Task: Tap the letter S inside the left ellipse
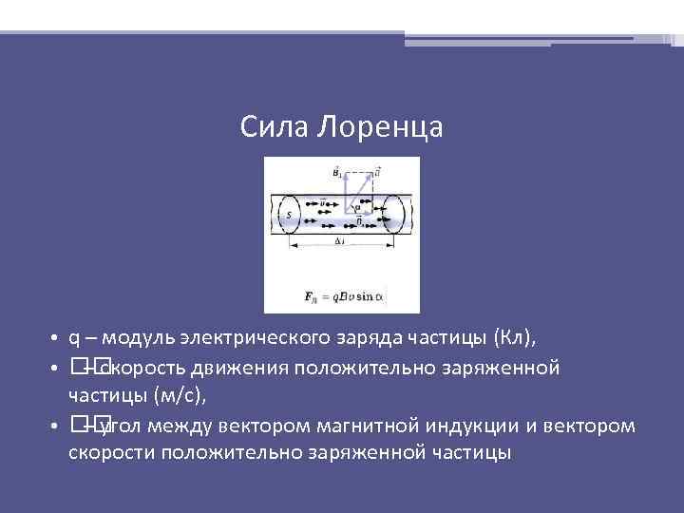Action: (x=288, y=216)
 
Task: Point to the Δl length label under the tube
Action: (x=339, y=242)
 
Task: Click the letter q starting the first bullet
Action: (x=73, y=338)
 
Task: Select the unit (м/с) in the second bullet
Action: (x=179, y=395)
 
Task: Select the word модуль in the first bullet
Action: (x=135, y=338)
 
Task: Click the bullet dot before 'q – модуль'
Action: (x=57, y=339)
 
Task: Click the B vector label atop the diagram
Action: (x=337, y=172)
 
